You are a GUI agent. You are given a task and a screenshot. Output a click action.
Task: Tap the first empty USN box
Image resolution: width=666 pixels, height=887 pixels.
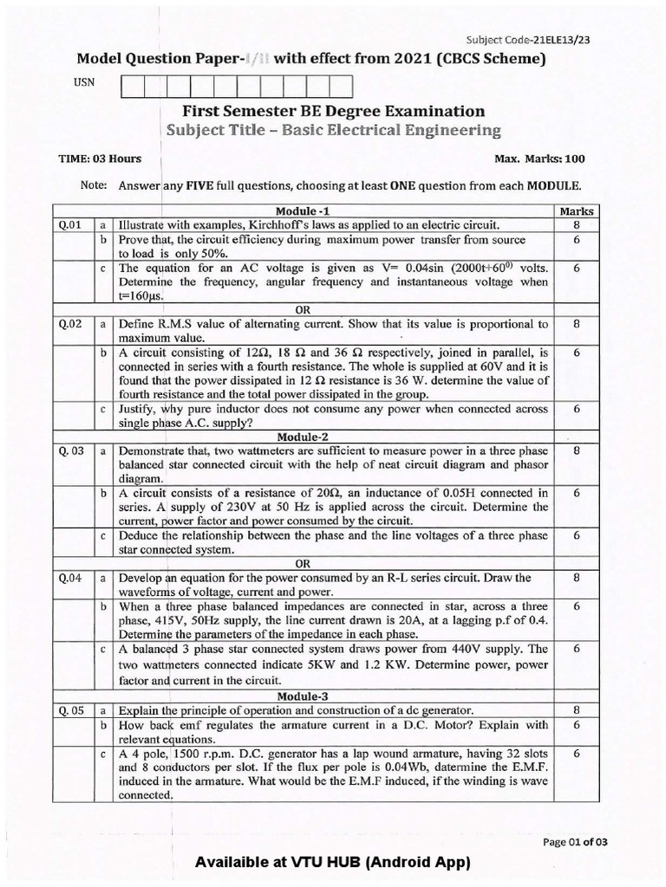pos(134,86)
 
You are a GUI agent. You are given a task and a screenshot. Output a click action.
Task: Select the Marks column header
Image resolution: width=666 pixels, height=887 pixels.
pos(577,210)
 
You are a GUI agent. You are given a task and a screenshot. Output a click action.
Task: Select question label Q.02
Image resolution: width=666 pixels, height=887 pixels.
pos(70,324)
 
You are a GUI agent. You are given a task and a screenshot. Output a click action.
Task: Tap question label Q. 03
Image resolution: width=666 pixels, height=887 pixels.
pos(71,450)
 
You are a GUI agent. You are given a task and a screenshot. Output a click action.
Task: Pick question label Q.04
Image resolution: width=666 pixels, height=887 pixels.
pos(70,577)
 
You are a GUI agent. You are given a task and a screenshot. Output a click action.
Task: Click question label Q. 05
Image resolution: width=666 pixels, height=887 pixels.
pos(71,710)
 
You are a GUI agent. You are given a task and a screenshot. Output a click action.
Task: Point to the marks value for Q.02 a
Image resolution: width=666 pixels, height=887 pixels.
pos(577,324)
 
